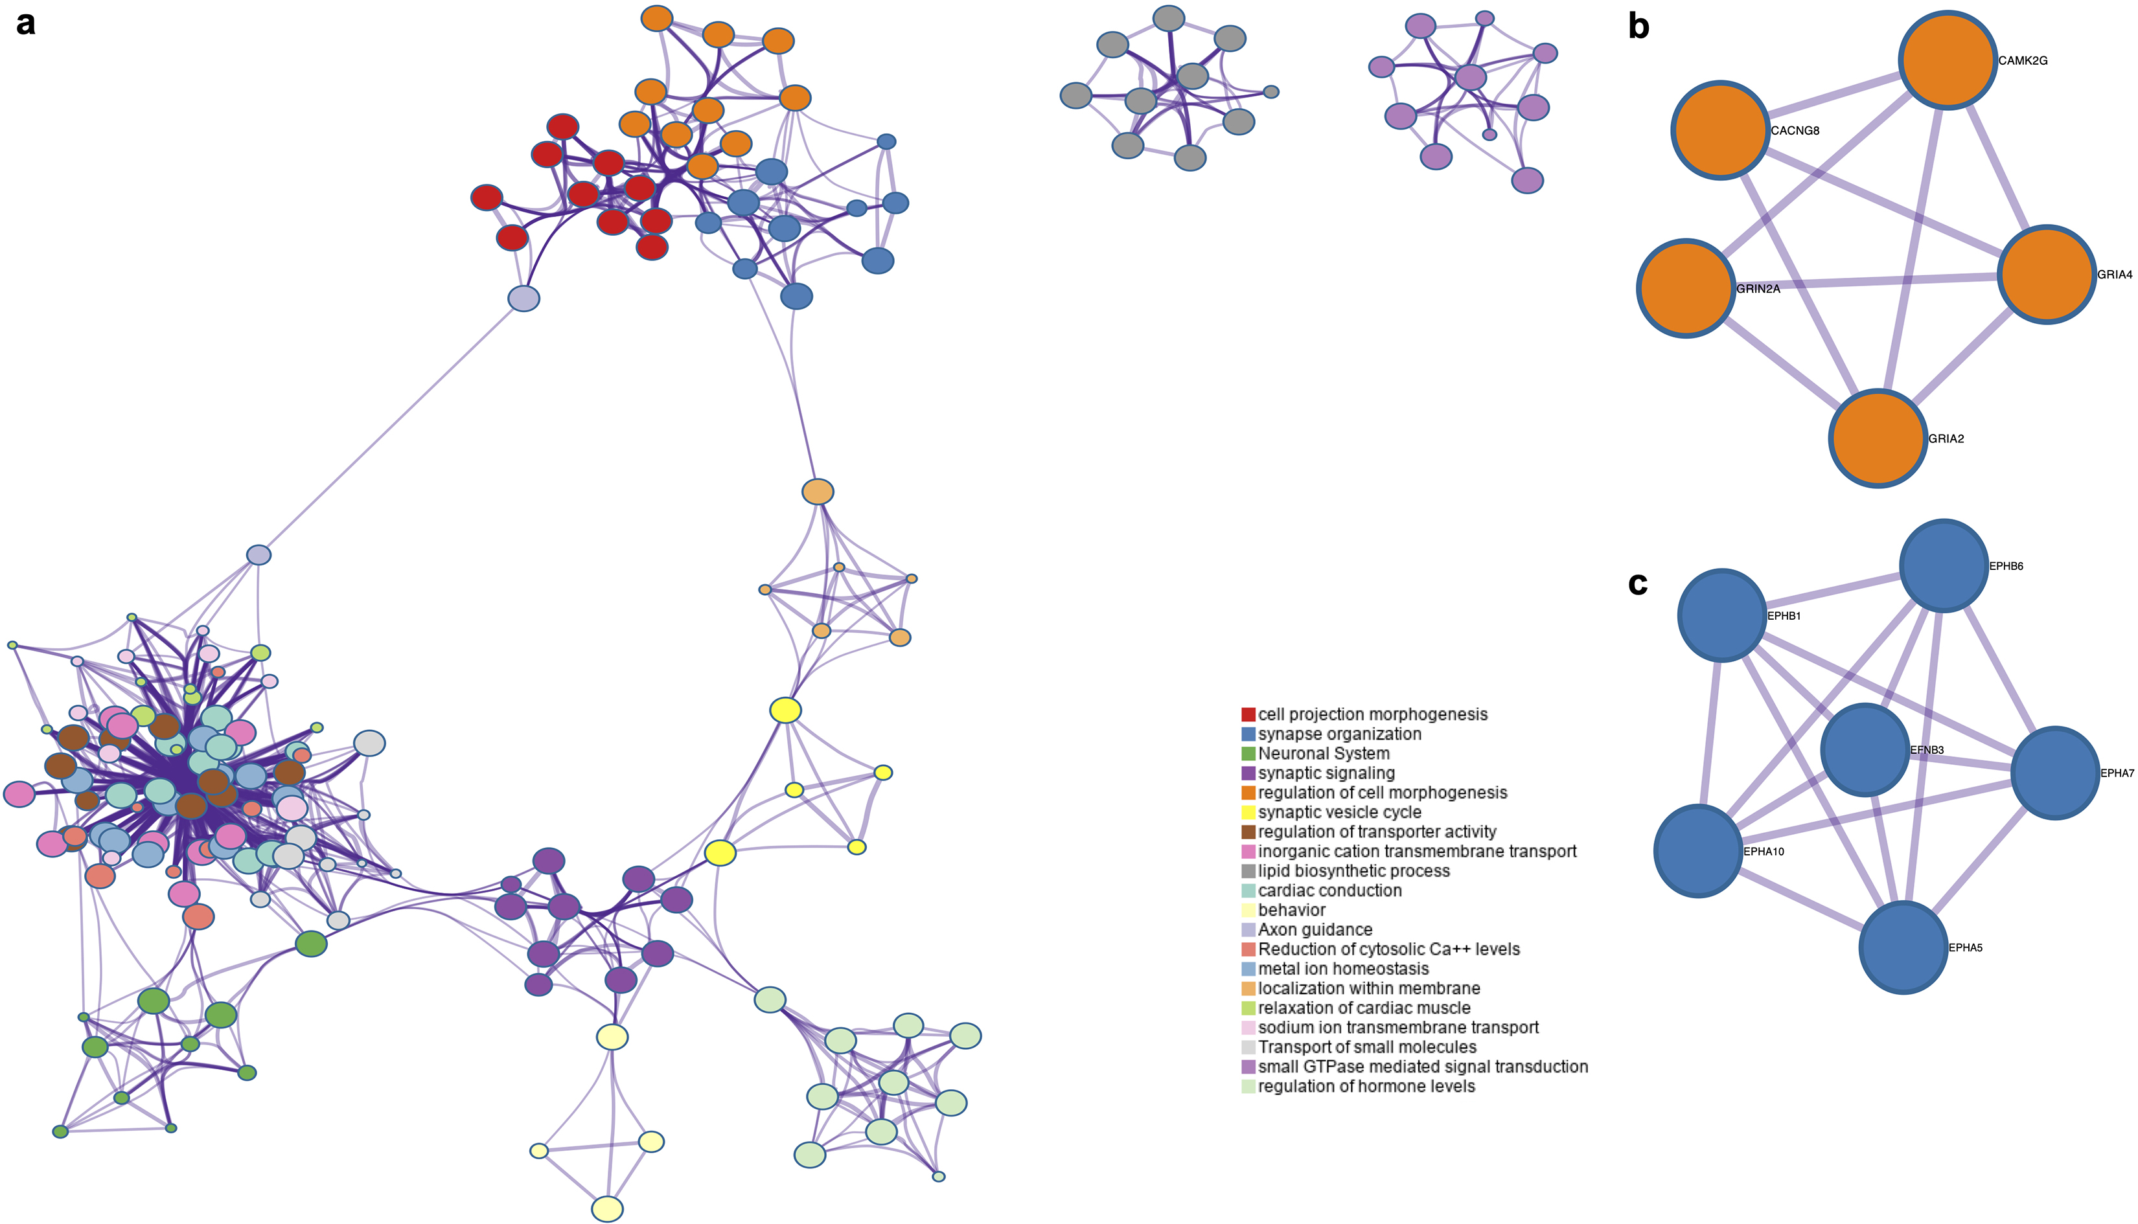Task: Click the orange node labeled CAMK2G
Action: tap(1948, 60)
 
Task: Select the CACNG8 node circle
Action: tap(1721, 130)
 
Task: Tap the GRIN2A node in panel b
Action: tap(1686, 288)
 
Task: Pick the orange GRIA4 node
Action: tap(2047, 274)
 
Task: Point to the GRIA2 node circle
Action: tap(1878, 438)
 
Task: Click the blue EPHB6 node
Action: tap(1944, 565)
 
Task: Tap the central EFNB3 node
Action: tap(1865, 750)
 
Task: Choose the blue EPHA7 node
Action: tap(2055, 773)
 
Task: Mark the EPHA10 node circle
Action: tap(1698, 851)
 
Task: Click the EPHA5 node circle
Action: tap(1903, 947)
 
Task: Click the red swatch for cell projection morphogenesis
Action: tap(1248, 714)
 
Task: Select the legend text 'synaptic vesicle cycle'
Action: tap(1339, 812)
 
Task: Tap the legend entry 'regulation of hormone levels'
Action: tap(1366, 1086)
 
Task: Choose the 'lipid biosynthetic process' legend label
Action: tap(1353, 871)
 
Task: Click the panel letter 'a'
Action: tap(26, 23)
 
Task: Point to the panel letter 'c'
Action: tap(1638, 584)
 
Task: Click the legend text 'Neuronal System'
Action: tap(1324, 754)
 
